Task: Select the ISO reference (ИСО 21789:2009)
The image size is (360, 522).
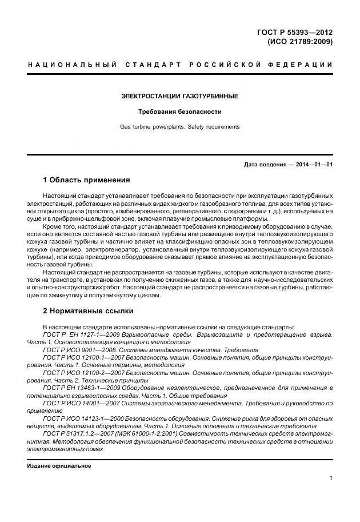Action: (x=299, y=42)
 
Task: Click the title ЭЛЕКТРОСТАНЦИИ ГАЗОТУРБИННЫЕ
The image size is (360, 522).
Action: (x=179, y=96)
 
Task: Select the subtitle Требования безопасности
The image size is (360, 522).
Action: (x=179, y=111)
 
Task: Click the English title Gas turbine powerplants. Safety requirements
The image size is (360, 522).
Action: (x=179, y=126)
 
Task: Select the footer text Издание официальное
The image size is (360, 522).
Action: (x=59, y=465)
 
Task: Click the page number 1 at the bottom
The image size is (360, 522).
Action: (x=331, y=478)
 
